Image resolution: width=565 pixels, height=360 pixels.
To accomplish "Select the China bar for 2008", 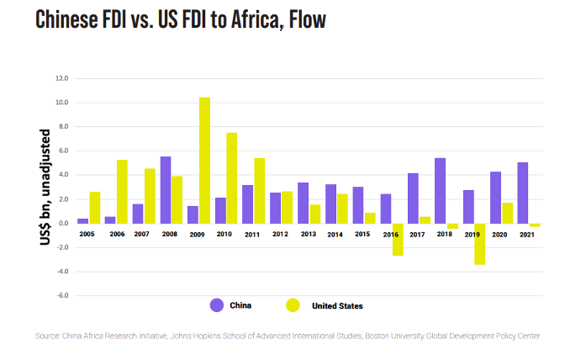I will [166, 189].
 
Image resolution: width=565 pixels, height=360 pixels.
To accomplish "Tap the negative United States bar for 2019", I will [479, 244].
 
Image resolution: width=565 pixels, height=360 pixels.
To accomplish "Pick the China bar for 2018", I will [440, 190].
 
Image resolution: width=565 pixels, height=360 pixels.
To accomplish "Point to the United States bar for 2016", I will [397, 239].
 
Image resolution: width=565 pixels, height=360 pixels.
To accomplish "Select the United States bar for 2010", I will [231, 177].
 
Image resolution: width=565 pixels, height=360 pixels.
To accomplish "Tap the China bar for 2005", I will [83, 220].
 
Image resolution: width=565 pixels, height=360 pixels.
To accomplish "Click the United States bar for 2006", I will [122, 191].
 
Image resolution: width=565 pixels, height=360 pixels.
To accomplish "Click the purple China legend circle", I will [216, 305].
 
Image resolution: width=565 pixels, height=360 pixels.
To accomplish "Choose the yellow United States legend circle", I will [293, 305].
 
